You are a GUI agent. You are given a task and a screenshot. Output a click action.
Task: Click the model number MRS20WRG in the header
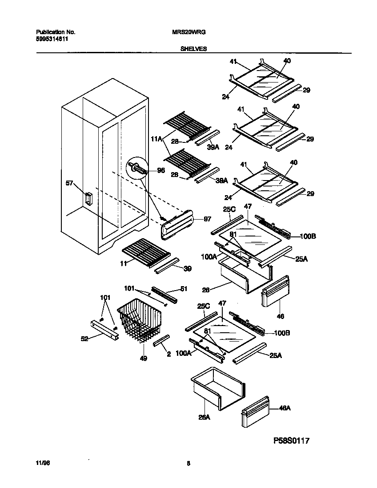pyautogui.click(x=188, y=32)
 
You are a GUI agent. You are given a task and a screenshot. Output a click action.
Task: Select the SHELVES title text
pyautogui.click(x=193, y=49)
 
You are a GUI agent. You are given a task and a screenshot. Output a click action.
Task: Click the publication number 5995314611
pyautogui.click(x=52, y=39)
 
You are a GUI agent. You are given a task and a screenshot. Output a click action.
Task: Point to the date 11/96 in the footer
pyautogui.click(x=41, y=463)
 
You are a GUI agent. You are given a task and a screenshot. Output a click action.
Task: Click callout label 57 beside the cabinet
pyautogui.click(x=69, y=182)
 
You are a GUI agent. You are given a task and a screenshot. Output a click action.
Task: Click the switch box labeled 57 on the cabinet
pyautogui.click(x=88, y=199)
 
